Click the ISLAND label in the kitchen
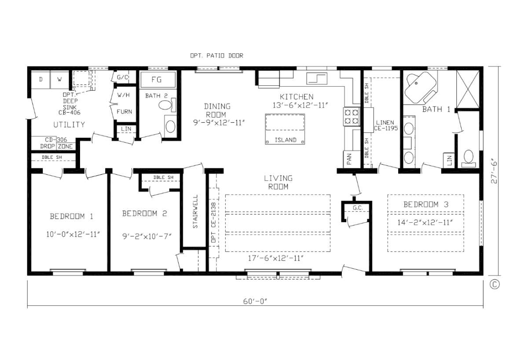pos(286,140)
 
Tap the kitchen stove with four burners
pos(352,117)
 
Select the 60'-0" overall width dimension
pos(255,301)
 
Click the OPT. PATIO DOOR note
pos(216,55)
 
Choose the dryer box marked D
pos(41,80)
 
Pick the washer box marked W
pos(59,80)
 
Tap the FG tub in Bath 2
pos(158,80)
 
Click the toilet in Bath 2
pos(167,105)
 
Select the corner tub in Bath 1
pos(421,87)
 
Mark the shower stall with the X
pos(468,89)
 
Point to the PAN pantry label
pos(349,159)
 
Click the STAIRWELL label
pos(195,212)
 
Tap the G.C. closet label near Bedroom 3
pos(358,208)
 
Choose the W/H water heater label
pos(124,95)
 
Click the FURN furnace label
pos(125,111)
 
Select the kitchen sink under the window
pos(317,78)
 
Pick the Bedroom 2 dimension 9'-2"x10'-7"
pos(147,236)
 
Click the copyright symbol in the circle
pos(495,285)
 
